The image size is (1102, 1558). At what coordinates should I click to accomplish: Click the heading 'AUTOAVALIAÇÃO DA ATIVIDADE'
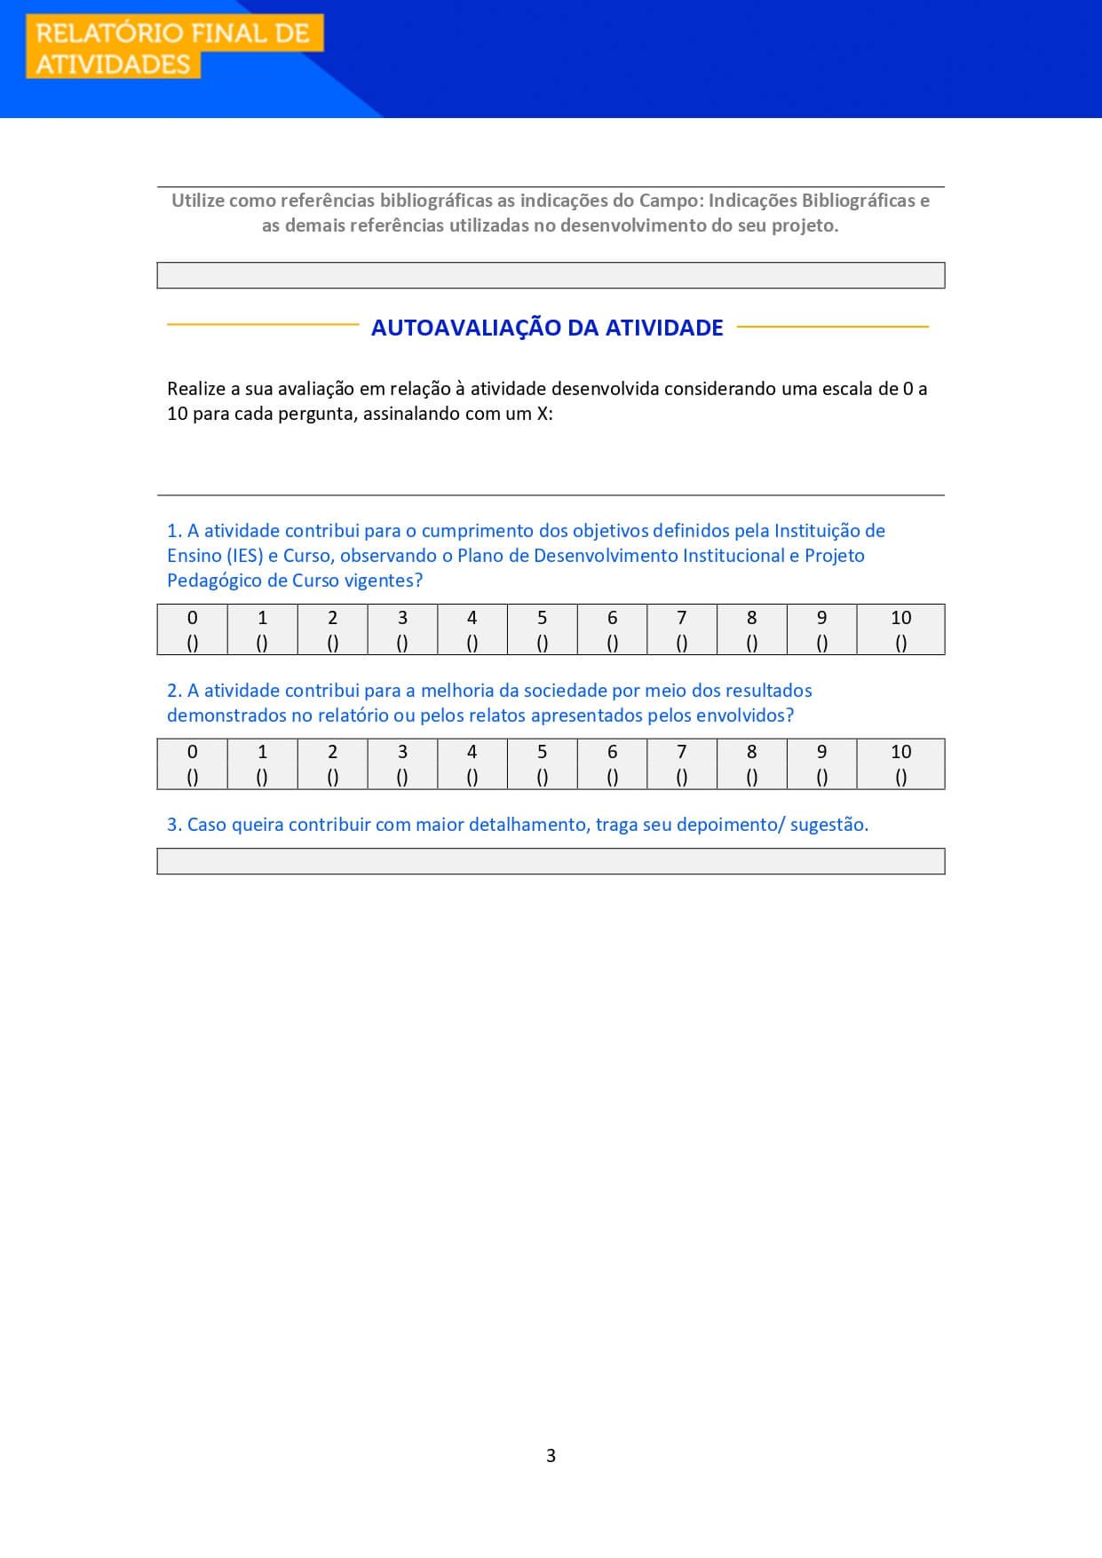pyautogui.click(x=547, y=328)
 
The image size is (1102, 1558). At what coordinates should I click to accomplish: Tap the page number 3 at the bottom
pyautogui.click(x=551, y=1455)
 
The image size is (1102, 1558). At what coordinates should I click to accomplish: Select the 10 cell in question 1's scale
pyautogui.click(x=900, y=630)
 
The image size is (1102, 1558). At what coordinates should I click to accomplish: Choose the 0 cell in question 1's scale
pyautogui.click(x=192, y=630)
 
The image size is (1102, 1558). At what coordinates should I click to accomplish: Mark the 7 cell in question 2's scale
pyautogui.click(x=681, y=764)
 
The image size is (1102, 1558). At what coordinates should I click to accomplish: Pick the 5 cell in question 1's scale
pyautogui.click(x=542, y=630)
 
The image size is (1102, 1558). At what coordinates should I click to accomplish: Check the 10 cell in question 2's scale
pyautogui.click(x=900, y=764)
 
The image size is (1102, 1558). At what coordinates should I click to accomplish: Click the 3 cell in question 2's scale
pyautogui.click(x=402, y=764)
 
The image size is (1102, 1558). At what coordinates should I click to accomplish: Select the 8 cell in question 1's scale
pyautogui.click(x=751, y=630)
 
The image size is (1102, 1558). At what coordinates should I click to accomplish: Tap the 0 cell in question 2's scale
pyautogui.click(x=192, y=764)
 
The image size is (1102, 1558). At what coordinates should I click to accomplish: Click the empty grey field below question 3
pyautogui.click(x=551, y=861)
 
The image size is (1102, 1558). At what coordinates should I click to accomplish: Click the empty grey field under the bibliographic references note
pyautogui.click(x=551, y=275)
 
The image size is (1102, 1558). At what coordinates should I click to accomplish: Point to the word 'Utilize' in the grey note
pyautogui.click(x=198, y=201)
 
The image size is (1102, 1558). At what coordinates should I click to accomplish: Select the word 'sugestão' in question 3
pyautogui.click(x=828, y=825)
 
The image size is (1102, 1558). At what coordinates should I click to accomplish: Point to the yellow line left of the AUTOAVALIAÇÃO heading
pyautogui.click(x=263, y=325)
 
